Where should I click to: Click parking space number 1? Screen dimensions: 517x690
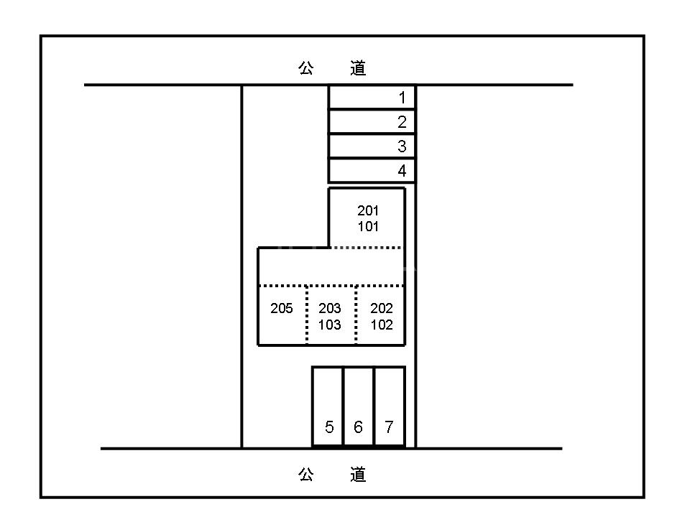coord(372,98)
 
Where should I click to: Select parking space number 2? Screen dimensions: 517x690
coord(372,122)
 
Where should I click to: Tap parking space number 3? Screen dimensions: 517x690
coord(372,146)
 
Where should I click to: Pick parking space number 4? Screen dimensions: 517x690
coord(372,171)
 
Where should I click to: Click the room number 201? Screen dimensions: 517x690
coord(368,210)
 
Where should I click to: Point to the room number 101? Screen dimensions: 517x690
coord(368,227)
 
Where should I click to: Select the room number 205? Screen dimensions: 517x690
coord(282,309)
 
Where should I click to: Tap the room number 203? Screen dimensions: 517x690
coord(330,309)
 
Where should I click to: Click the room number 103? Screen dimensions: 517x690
coord(330,325)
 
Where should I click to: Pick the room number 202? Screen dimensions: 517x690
coord(382,309)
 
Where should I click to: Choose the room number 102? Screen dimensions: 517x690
coord(382,325)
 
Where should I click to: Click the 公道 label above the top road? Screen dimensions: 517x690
coord(332,68)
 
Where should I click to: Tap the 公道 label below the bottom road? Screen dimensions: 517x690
coord(332,475)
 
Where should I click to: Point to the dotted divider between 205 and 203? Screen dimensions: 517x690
coord(307,316)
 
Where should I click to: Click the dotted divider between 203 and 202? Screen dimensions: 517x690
coord(356,316)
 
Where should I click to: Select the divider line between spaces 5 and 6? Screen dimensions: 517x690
coord(343,406)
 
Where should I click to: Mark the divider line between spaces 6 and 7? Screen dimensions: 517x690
coord(374,406)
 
